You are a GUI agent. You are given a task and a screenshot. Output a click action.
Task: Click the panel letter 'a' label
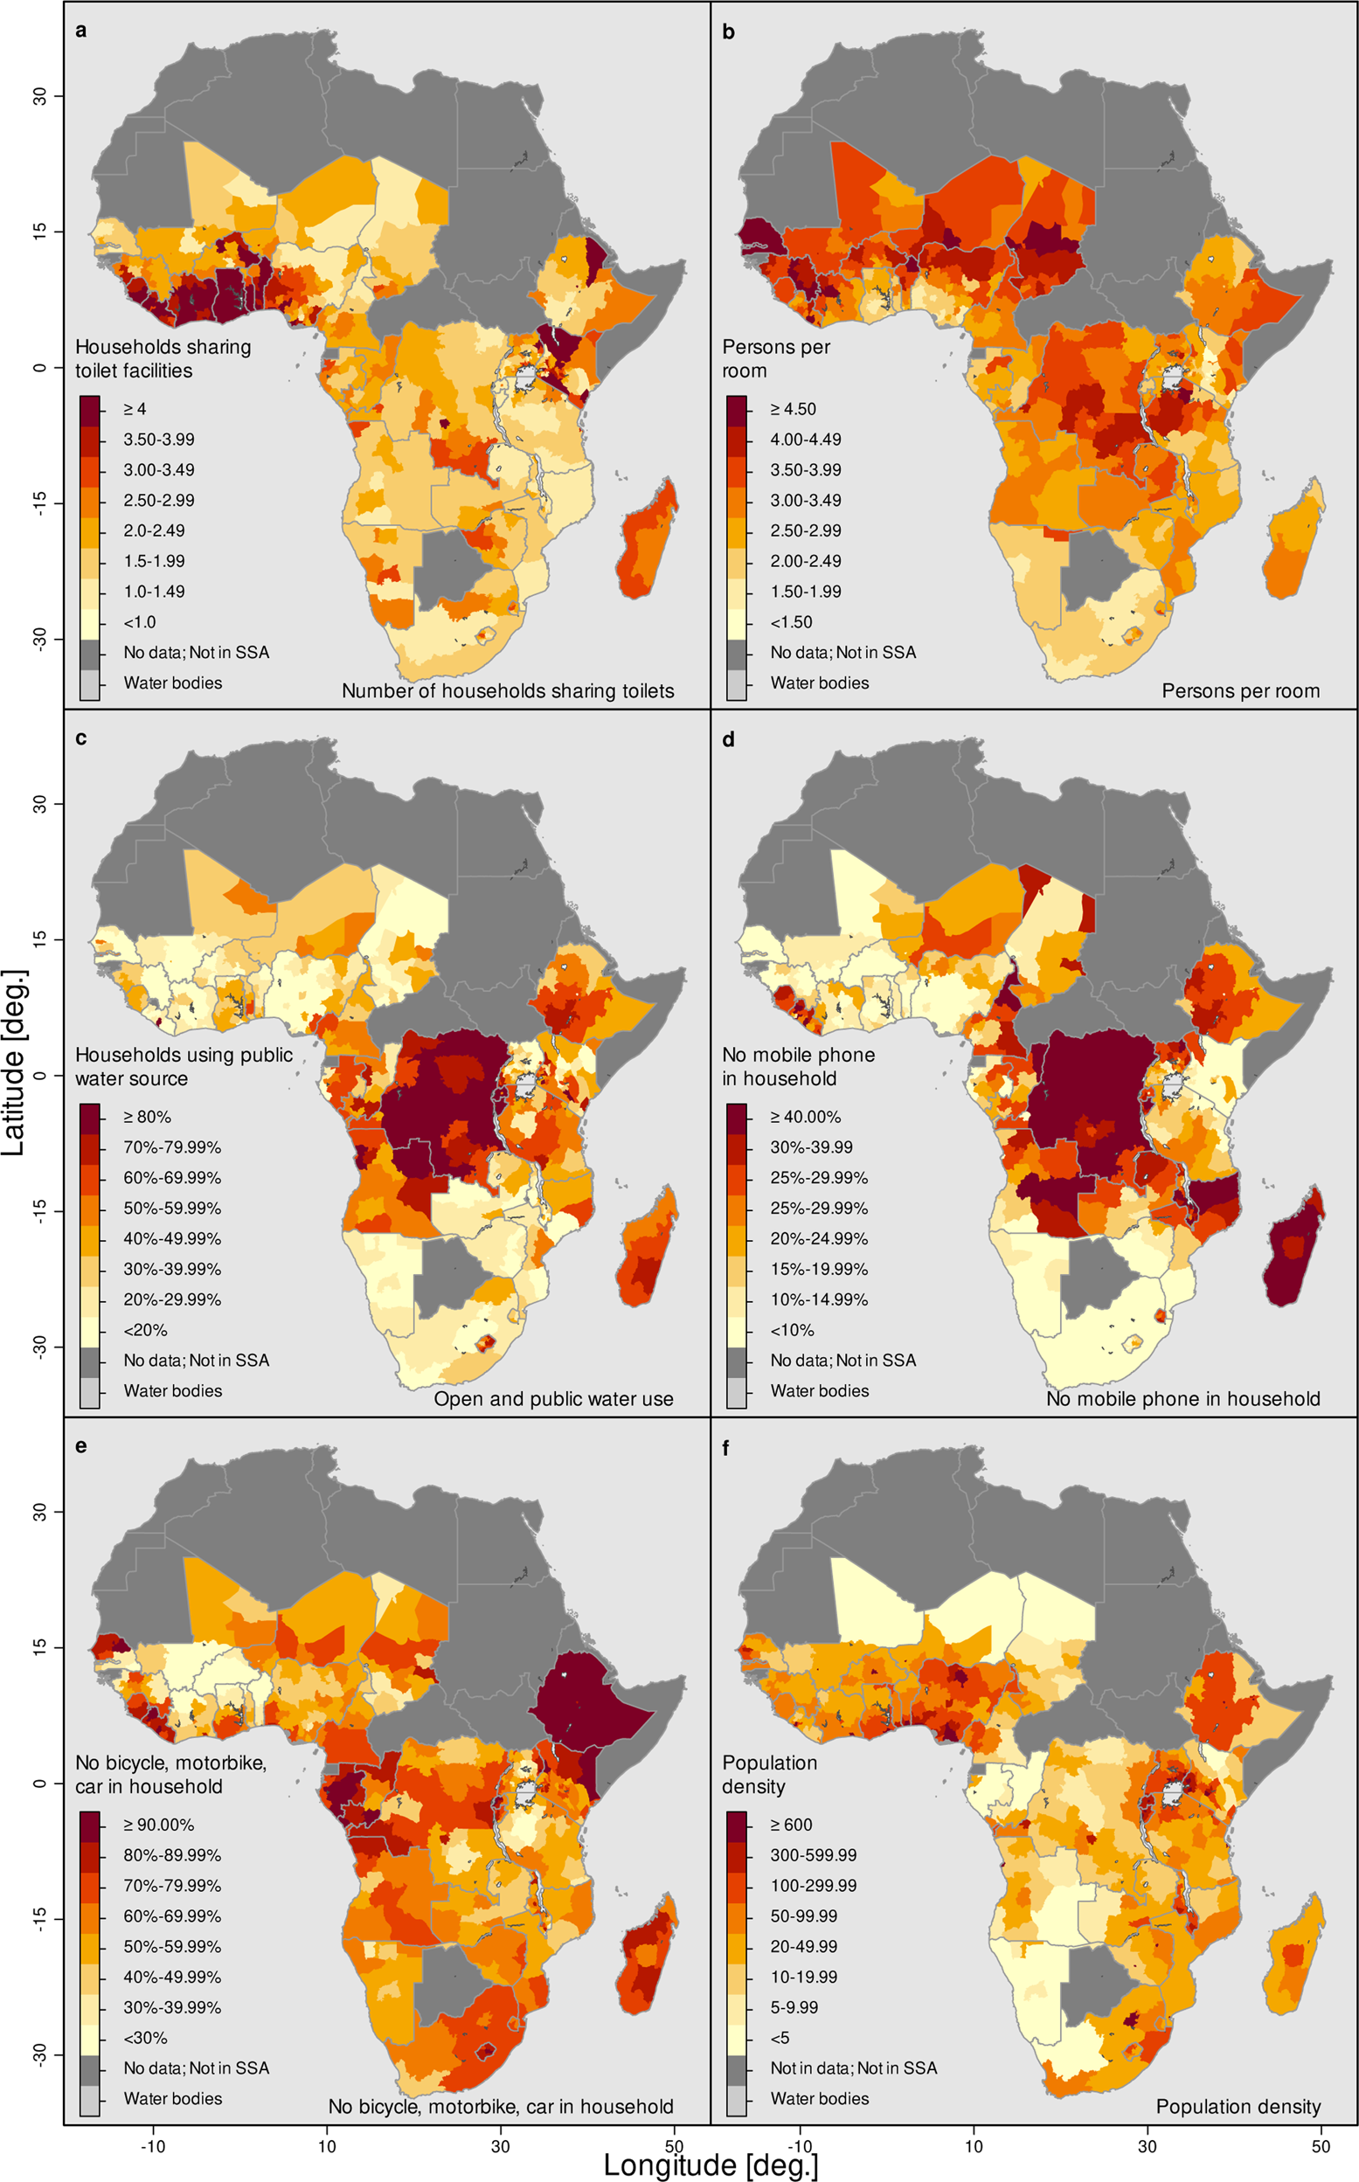click(x=81, y=31)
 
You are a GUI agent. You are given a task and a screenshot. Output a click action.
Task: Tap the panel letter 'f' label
click(x=726, y=1448)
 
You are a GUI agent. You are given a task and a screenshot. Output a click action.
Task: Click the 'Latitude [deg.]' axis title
click(x=14, y=1063)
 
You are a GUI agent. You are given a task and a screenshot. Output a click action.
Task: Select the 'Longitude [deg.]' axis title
click(x=710, y=2164)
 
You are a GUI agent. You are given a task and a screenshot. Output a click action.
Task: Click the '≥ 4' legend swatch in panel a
click(x=89, y=409)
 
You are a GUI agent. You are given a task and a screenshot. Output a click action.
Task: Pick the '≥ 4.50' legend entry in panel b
click(x=793, y=409)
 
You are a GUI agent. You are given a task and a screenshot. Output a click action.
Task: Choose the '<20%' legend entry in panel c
click(x=145, y=1330)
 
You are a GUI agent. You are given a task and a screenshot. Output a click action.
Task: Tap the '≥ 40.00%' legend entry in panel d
click(x=804, y=1117)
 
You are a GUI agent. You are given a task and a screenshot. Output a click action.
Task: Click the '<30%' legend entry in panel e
click(x=145, y=2037)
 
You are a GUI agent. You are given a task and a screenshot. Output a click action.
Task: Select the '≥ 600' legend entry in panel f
click(x=791, y=1825)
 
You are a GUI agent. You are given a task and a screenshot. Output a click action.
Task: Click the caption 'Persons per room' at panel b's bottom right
click(x=1240, y=691)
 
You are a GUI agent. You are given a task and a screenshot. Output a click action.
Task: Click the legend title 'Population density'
click(x=769, y=1774)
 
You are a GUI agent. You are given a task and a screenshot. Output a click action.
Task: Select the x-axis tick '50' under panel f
click(x=1320, y=2146)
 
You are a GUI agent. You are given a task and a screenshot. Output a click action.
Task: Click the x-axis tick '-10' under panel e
click(x=153, y=2146)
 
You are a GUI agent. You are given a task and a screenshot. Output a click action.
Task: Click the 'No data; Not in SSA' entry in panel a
click(x=196, y=653)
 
